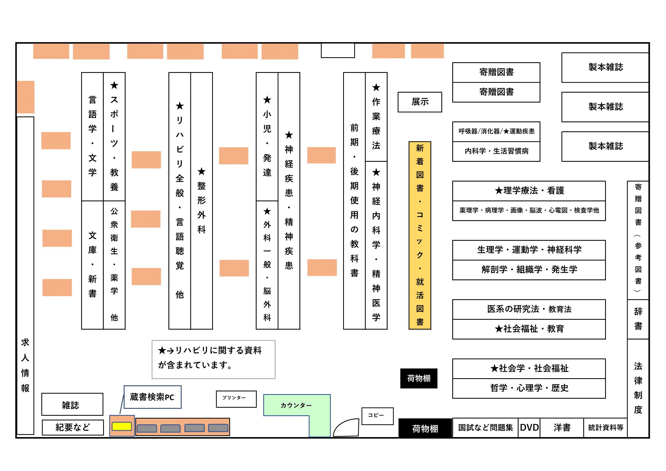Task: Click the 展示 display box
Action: click(x=420, y=102)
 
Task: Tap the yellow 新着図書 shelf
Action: click(x=420, y=235)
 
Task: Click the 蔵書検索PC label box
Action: click(x=152, y=397)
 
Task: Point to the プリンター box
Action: click(x=236, y=399)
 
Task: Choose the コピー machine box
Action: click(x=377, y=416)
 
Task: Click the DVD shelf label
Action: click(x=529, y=427)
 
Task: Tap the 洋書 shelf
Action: click(x=562, y=427)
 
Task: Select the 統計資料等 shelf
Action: click(x=605, y=427)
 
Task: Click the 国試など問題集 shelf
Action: click(x=485, y=427)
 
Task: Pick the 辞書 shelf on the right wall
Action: click(x=638, y=319)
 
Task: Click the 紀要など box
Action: click(x=73, y=427)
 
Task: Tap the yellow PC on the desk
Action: click(x=122, y=426)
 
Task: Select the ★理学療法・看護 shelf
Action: click(x=529, y=191)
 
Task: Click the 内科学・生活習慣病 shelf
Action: click(x=496, y=151)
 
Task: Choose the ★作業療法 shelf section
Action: click(x=376, y=117)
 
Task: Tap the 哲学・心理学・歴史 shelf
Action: click(x=529, y=388)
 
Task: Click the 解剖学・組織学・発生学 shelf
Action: click(x=529, y=270)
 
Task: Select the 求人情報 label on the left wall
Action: click(x=25, y=365)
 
